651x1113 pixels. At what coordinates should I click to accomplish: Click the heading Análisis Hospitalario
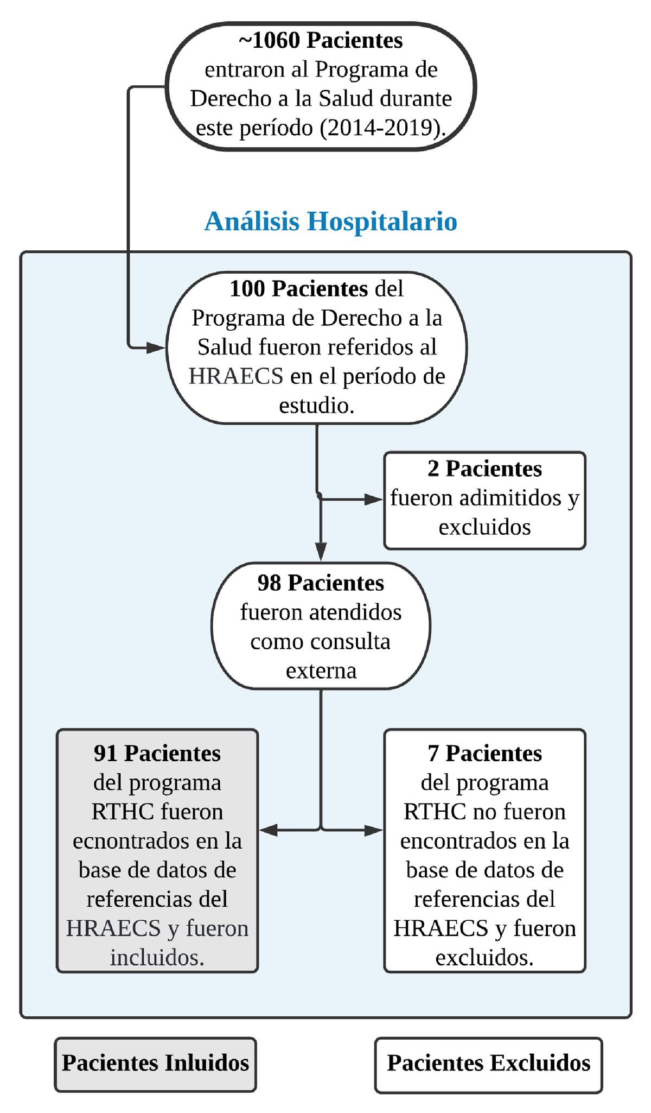330,222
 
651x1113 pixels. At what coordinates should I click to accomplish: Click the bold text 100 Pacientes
298,289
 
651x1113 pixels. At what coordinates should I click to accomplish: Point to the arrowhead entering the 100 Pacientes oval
157,347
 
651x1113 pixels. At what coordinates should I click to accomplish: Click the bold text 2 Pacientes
484,469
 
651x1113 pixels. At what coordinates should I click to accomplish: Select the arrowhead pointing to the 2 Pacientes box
374,499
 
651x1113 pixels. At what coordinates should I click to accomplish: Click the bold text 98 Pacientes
321,583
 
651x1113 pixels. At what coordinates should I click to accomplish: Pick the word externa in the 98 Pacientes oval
321,671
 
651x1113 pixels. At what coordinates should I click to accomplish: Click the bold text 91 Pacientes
157,754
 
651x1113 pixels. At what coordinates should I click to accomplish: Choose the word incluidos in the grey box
157,958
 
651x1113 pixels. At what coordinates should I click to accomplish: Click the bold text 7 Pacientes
484,754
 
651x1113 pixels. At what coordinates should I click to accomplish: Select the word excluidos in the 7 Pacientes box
484,958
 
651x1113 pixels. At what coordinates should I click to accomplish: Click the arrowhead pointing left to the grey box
269,830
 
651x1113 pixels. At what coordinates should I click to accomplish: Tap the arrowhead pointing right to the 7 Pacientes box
374,830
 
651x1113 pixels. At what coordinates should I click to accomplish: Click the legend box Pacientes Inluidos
155,1063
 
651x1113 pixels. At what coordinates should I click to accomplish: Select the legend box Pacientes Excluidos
488,1063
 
